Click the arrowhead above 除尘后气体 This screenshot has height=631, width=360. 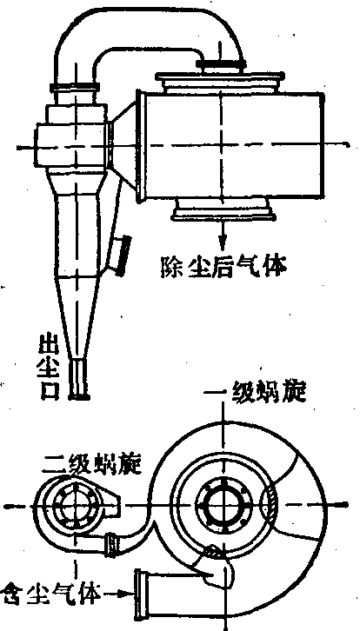222,243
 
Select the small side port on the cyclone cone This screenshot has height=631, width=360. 119,255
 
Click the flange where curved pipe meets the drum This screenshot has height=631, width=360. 221,63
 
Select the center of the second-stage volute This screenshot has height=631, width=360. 75,504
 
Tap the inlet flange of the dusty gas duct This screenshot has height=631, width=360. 139,594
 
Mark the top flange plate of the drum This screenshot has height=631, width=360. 221,76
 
